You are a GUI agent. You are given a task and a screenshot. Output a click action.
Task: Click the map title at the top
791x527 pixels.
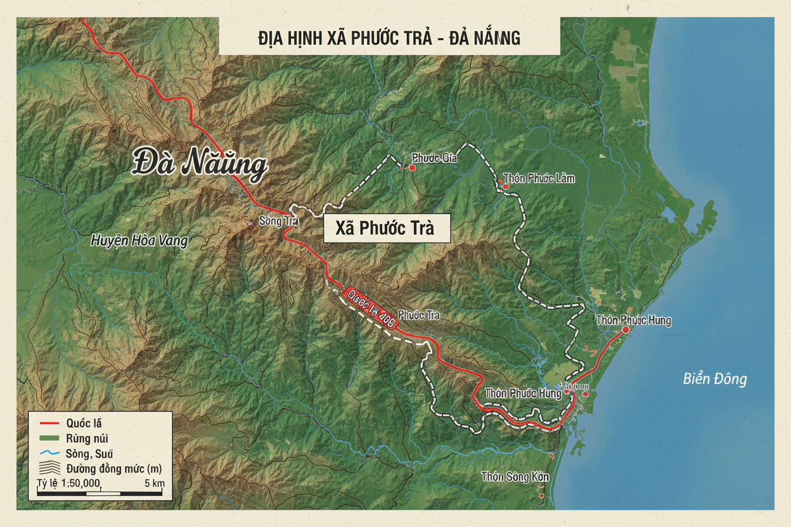click(x=389, y=37)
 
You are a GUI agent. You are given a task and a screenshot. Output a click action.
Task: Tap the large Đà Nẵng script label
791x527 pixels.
click(x=200, y=164)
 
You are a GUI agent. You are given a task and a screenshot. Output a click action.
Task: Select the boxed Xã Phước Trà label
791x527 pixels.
click(x=387, y=228)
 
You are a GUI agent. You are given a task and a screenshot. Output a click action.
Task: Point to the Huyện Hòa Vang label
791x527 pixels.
click(x=139, y=241)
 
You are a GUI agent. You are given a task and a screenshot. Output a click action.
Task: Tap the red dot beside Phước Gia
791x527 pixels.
click(x=412, y=167)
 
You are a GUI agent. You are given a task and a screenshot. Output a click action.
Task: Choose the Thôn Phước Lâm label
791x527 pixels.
click(x=539, y=178)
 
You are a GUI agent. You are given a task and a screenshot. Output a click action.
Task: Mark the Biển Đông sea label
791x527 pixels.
click(x=715, y=379)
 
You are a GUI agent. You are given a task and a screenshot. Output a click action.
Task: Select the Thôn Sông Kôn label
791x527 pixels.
click(x=515, y=476)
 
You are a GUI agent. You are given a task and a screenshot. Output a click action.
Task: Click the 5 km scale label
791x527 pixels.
click(x=155, y=483)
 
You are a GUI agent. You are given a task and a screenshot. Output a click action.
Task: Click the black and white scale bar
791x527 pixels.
click(x=101, y=492)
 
